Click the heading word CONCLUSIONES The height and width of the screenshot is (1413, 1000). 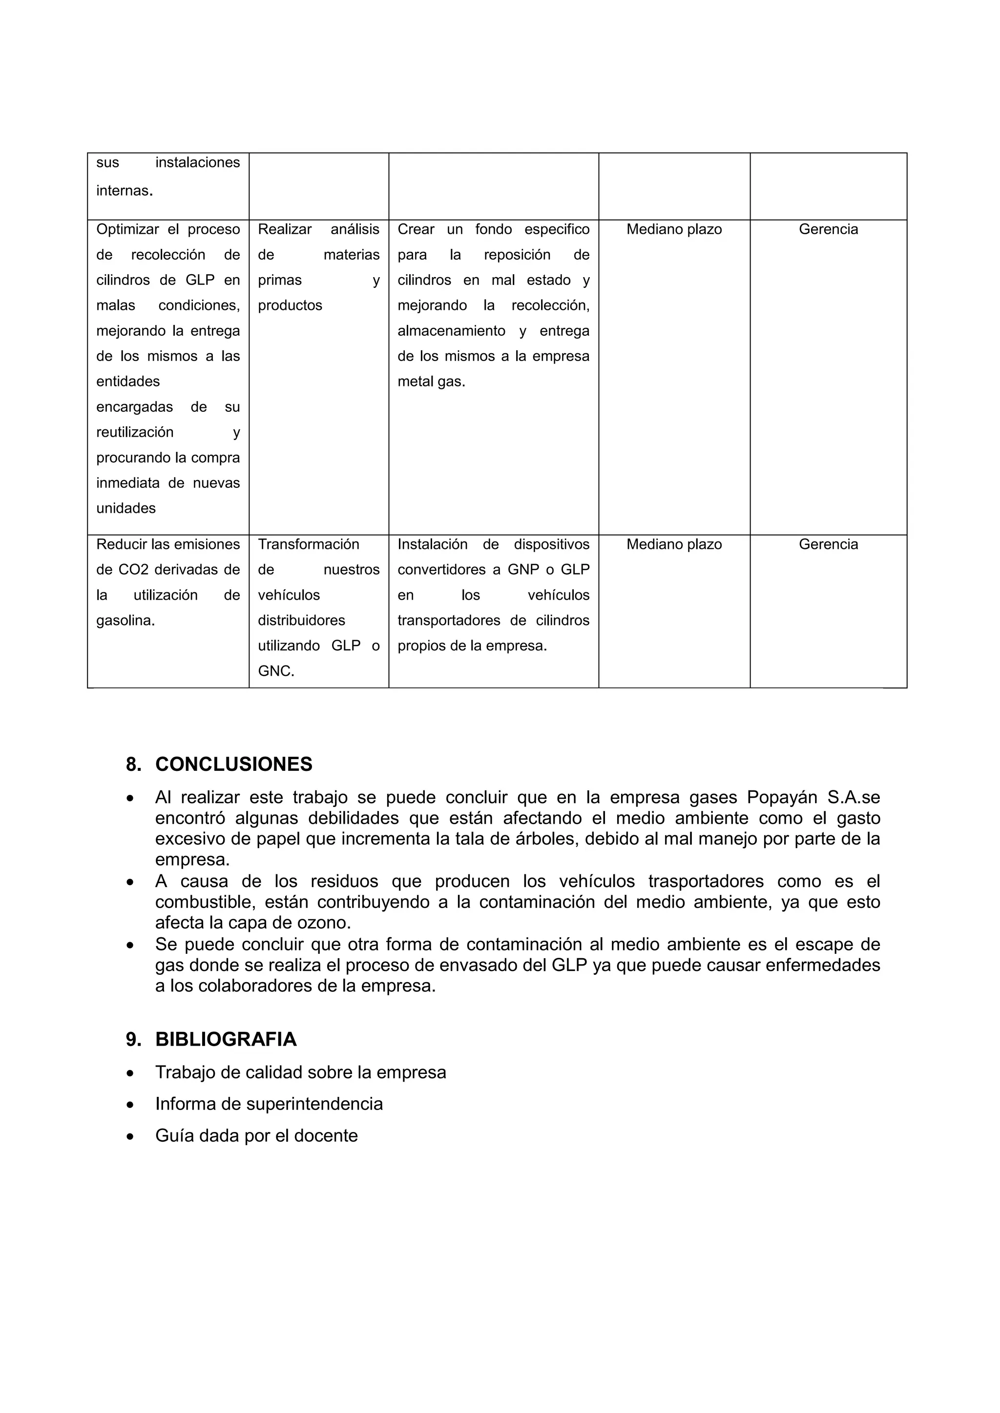tap(233, 765)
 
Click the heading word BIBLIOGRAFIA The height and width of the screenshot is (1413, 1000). tap(226, 1039)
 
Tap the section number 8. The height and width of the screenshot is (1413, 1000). tap(133, 765)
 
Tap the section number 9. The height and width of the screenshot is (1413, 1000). tap(133, 1039)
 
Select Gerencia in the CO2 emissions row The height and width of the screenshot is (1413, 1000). tap(828, 544)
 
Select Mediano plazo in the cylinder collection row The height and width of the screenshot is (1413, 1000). tap(674, 229)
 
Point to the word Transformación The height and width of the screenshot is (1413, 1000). tap(308, 544)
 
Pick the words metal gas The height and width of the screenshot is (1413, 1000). tap(431, 382)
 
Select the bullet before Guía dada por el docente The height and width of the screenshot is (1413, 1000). tap(130, 1136)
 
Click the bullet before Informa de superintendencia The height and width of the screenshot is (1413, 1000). tap(130, 1105)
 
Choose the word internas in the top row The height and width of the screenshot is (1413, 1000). tap(123, 191)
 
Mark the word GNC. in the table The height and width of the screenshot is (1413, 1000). tap(276, 671)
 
